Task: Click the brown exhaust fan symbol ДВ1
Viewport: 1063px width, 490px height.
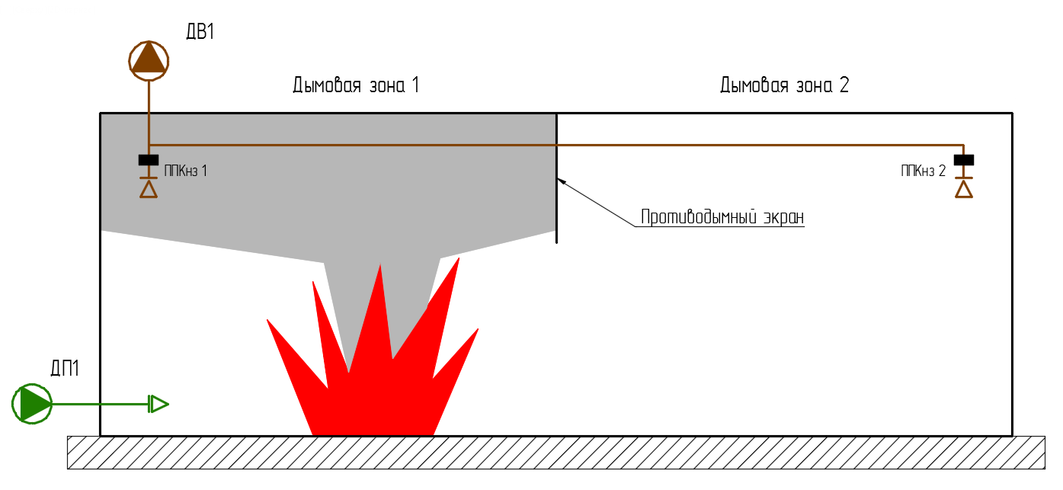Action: click(149, 58)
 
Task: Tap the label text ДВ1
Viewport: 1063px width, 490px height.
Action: click(202, 32)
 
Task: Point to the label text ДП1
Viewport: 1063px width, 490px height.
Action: click(65, 370)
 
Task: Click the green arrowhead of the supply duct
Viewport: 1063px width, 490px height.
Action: click(158, 404)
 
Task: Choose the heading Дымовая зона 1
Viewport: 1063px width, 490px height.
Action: click(356, 85)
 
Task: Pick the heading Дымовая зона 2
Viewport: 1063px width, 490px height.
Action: click(784, 85)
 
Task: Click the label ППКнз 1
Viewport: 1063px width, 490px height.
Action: click(185, 171)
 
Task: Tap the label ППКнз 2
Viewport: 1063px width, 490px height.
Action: click(923, 171)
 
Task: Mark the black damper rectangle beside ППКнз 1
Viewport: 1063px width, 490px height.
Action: click(149, 160)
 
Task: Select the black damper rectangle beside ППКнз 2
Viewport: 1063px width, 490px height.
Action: click(964, 160)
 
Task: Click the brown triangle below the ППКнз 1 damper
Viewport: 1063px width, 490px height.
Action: click(149, 189)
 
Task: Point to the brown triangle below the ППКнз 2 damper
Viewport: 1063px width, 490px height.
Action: click(964, 189)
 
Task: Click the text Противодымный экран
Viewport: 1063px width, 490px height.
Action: click(722, 217)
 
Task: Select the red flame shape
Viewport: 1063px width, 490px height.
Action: click(373, 396)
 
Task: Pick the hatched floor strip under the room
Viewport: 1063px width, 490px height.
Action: click(556, 453)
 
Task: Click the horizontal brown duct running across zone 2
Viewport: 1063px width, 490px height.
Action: click(762, 145)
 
